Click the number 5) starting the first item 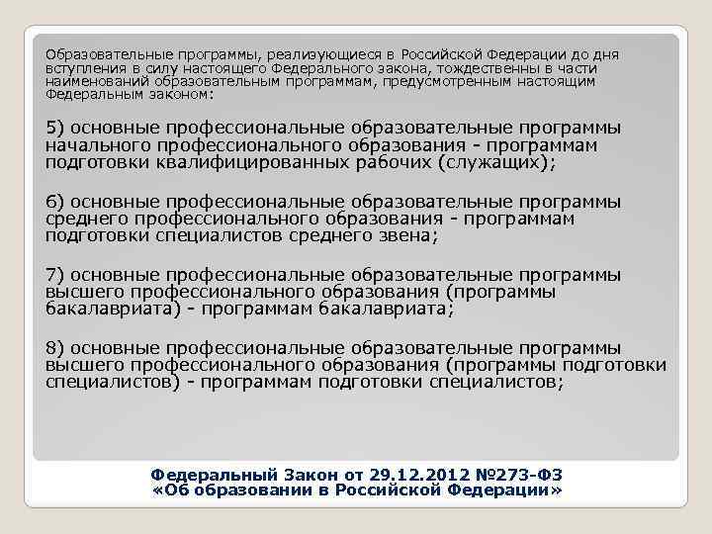(55, 130)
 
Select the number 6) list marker (55, 203)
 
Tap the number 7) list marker (55, 276)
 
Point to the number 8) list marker (55, 348)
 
